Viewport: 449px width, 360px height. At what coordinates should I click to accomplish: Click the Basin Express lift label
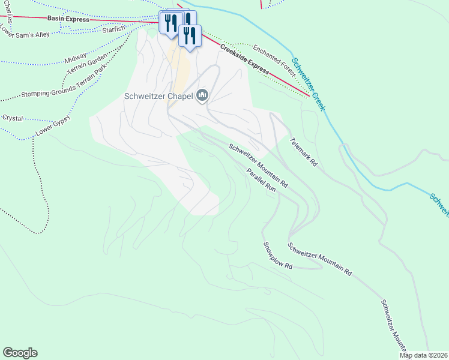pyautogui.click(x=68, y=19)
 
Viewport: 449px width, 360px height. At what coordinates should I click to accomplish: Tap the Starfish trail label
pyautogui.click(x=113, y=29)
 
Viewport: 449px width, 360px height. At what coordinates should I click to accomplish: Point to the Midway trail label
pyautogui.click(x=75, y=61)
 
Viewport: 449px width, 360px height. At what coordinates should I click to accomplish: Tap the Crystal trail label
pyautogui.click(x=12, y=118)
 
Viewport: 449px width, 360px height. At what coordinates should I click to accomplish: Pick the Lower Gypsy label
pyautogui.click(x=52, y=123)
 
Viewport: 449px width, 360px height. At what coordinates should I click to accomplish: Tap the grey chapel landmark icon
pyautogui.click(x=202, y=95)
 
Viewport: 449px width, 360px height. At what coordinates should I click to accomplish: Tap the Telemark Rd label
pyautogui.click(x=303, y=152)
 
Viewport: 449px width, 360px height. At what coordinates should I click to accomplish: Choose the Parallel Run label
pyautogui.click(x=261, y=180)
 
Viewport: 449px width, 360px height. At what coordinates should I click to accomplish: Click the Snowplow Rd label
pyautogui.click(x=277, y=255)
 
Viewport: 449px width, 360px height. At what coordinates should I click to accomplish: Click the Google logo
pyautogui.click(x=20, y=353)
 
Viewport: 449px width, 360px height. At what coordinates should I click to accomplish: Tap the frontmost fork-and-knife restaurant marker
pyautogui.click(x=189, y=36)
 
